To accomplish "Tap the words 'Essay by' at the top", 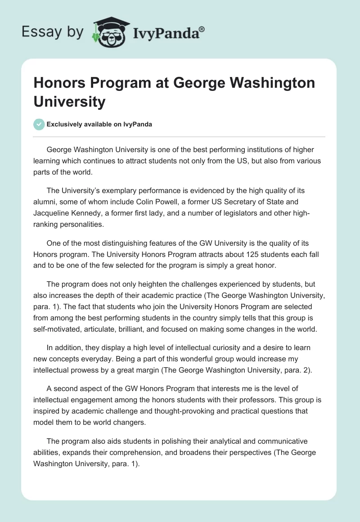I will (53, 32).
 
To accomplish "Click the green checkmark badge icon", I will (39, 124).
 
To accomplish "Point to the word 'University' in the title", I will (69, 102).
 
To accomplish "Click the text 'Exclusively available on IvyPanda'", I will (99, 124).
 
